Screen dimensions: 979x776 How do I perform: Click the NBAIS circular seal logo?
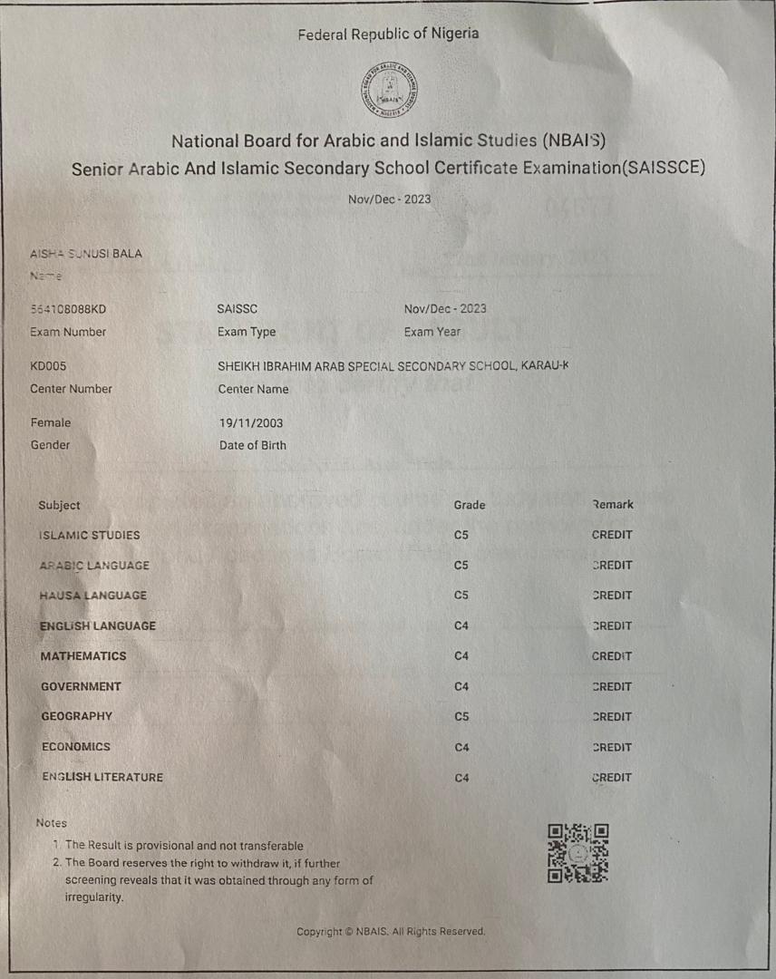[388, 90]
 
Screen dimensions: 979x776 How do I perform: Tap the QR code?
[578, 853]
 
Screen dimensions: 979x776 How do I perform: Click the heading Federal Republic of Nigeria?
[388, 34]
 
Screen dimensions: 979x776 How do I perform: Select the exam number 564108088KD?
[68, 308]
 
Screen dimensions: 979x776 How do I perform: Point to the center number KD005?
[49, 366]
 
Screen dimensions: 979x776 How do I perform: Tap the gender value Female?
[51, 422]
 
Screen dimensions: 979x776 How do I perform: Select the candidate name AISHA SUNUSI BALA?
[86, 253]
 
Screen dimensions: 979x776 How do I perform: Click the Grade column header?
[470, 505]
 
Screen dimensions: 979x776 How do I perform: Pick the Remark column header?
[613, 504]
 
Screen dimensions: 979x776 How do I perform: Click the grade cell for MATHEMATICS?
[461, 655]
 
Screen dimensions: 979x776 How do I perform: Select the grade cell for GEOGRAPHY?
[461, 716]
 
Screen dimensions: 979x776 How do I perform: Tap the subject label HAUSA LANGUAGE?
[92, 596]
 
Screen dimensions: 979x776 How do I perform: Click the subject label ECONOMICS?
[76, 747]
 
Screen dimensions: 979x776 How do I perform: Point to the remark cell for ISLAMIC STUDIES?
[612, 535]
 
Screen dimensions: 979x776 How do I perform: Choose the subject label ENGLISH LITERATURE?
[102, 777]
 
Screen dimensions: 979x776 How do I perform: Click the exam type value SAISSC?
[238, 308]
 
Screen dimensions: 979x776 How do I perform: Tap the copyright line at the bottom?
[391, 931]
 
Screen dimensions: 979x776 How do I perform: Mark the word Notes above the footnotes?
[52, 823]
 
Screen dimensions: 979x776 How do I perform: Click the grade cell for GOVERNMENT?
[461, 686]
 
